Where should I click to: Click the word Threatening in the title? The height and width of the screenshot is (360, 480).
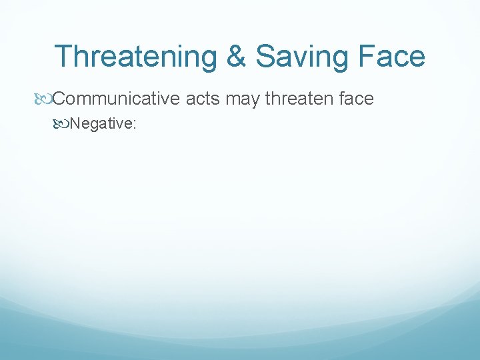pos(137,57)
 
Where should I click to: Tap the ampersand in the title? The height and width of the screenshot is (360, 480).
pos(236,57)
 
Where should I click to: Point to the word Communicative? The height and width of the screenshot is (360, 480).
pos(115,99)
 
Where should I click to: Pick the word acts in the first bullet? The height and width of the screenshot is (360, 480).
pos(203,99)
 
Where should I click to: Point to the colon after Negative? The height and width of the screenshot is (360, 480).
pos(135,124)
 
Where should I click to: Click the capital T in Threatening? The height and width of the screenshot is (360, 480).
pos(63,57)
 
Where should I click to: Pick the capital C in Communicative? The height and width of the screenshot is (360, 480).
pos(59,99)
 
